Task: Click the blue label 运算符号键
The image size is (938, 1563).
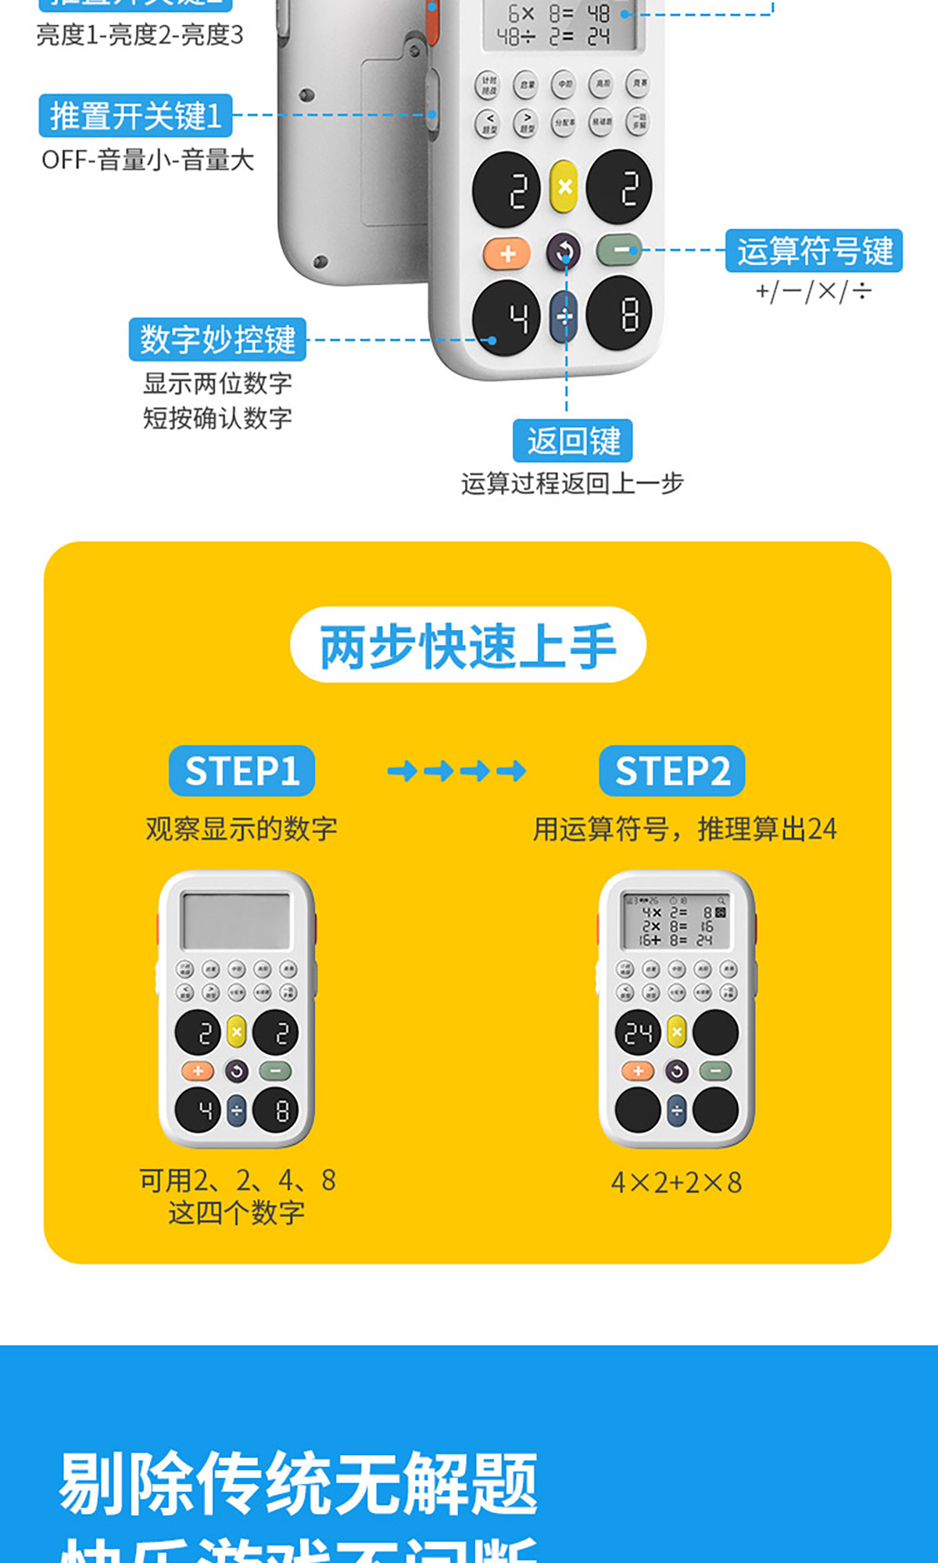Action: coord(814,251)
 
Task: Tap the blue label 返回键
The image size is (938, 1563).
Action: coord(573,441)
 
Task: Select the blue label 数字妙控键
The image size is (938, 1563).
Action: coord(217,339)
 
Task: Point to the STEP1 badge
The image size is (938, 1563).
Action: coord(242,771)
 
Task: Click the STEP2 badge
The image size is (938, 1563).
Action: coord(672,771)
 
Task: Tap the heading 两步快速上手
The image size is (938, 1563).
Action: coord(468,646)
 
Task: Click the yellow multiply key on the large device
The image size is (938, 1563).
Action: coord(564,187)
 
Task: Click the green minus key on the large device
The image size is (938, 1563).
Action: coord(620,250)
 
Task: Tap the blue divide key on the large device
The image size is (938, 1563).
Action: coord(564,317)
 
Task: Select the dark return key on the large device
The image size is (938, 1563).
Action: coord(564,252)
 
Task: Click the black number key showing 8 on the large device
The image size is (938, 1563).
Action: coord(620,313)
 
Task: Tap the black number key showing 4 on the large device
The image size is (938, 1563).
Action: coord(507,317)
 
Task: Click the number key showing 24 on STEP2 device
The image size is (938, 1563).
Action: coord(638,1032)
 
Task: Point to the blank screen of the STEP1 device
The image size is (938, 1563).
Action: coord(235,921)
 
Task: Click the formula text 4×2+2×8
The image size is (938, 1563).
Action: coord(676,1182)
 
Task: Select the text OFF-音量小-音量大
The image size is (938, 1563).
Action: coord(148,160)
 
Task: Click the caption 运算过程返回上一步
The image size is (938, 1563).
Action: coord(572,484)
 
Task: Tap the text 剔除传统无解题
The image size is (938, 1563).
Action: coord(298,1483)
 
